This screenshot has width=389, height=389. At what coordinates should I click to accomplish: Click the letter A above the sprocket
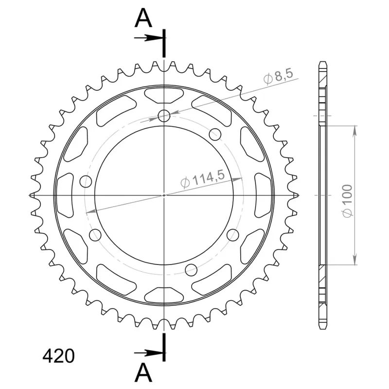(143, 18)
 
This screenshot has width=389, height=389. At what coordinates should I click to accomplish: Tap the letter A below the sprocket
(143, 372)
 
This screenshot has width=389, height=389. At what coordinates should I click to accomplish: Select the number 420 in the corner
(58, 356)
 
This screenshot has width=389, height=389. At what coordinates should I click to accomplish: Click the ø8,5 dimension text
(278, 76)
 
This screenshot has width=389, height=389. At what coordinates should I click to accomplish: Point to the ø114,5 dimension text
(203, 179)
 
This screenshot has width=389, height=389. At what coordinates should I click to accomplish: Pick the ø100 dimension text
(347, 201)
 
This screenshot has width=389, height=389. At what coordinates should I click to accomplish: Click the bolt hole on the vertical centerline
(164, 116)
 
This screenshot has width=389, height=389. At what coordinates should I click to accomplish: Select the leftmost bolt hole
(86, 181)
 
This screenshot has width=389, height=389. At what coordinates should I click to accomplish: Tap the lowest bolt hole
(191, 270)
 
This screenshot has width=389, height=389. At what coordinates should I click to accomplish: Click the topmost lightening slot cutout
(164, 95)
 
